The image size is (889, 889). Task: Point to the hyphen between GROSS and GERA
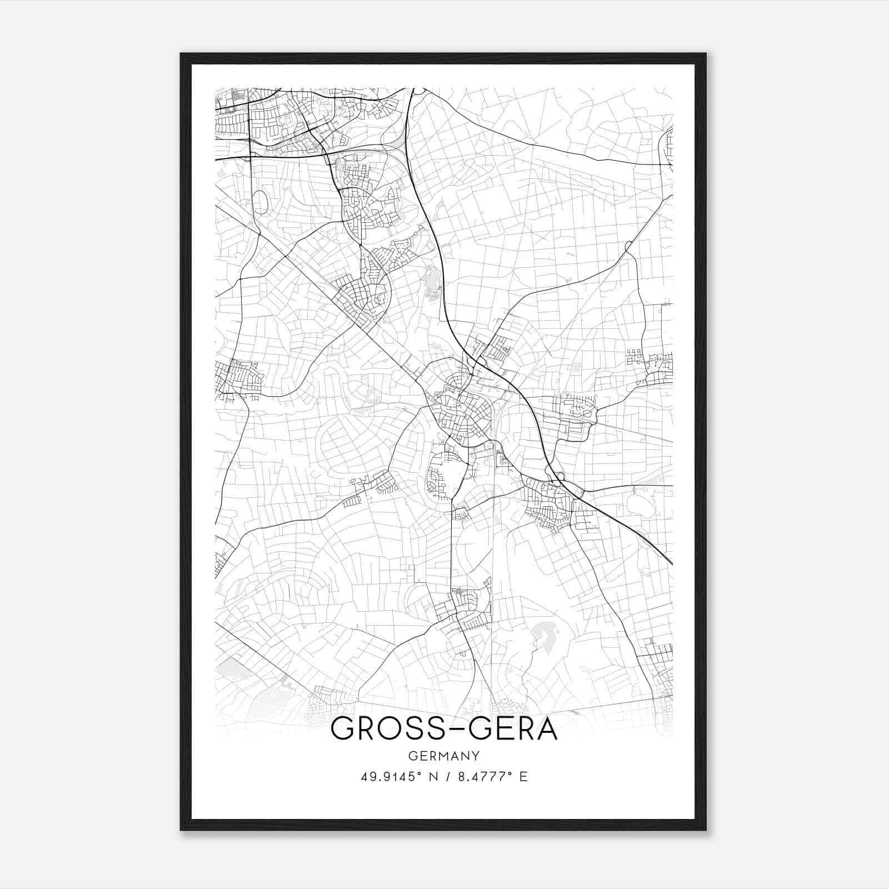tap(443, 730)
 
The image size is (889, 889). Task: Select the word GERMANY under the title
tap(443, 756)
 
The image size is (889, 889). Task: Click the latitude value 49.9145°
tap(388, 777)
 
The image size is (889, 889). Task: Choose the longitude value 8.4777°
tap(485, 777)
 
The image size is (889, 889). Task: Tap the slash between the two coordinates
tap(447, 777)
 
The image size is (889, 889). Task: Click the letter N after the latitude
tap(431, 777)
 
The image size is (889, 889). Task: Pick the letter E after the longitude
tap(523, 777)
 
